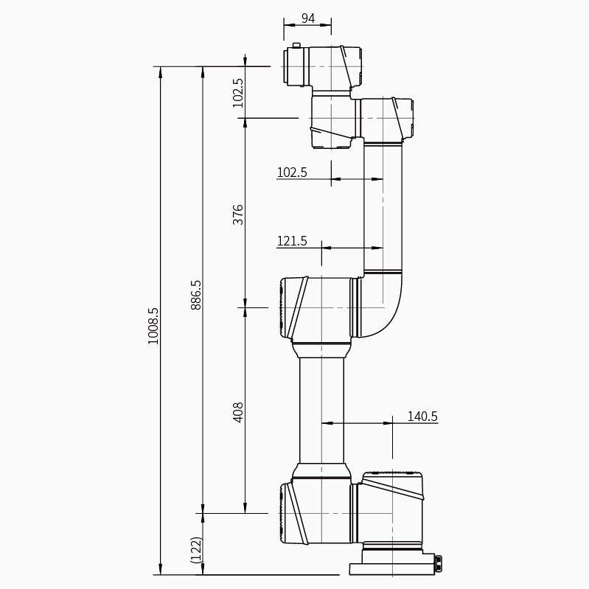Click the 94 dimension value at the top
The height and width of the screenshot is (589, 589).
click(x=308, y=18)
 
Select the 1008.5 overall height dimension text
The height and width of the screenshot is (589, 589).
click(x=153, y=326)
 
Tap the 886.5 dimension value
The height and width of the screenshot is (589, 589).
click(x=195, y=295)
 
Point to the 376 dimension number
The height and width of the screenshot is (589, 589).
click(x=238, y=215)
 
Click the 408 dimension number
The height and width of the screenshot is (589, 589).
click(x=238, y=412)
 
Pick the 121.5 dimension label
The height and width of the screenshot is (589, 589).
click(x=292, y=241)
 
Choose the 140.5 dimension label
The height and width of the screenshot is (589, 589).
click(x=422, y=417)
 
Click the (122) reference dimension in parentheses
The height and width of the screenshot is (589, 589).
click(x=196, y=550)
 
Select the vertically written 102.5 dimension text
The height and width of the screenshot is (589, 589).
click(x=238, y=93)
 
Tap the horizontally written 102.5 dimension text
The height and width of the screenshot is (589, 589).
click(x=292, y=172)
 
